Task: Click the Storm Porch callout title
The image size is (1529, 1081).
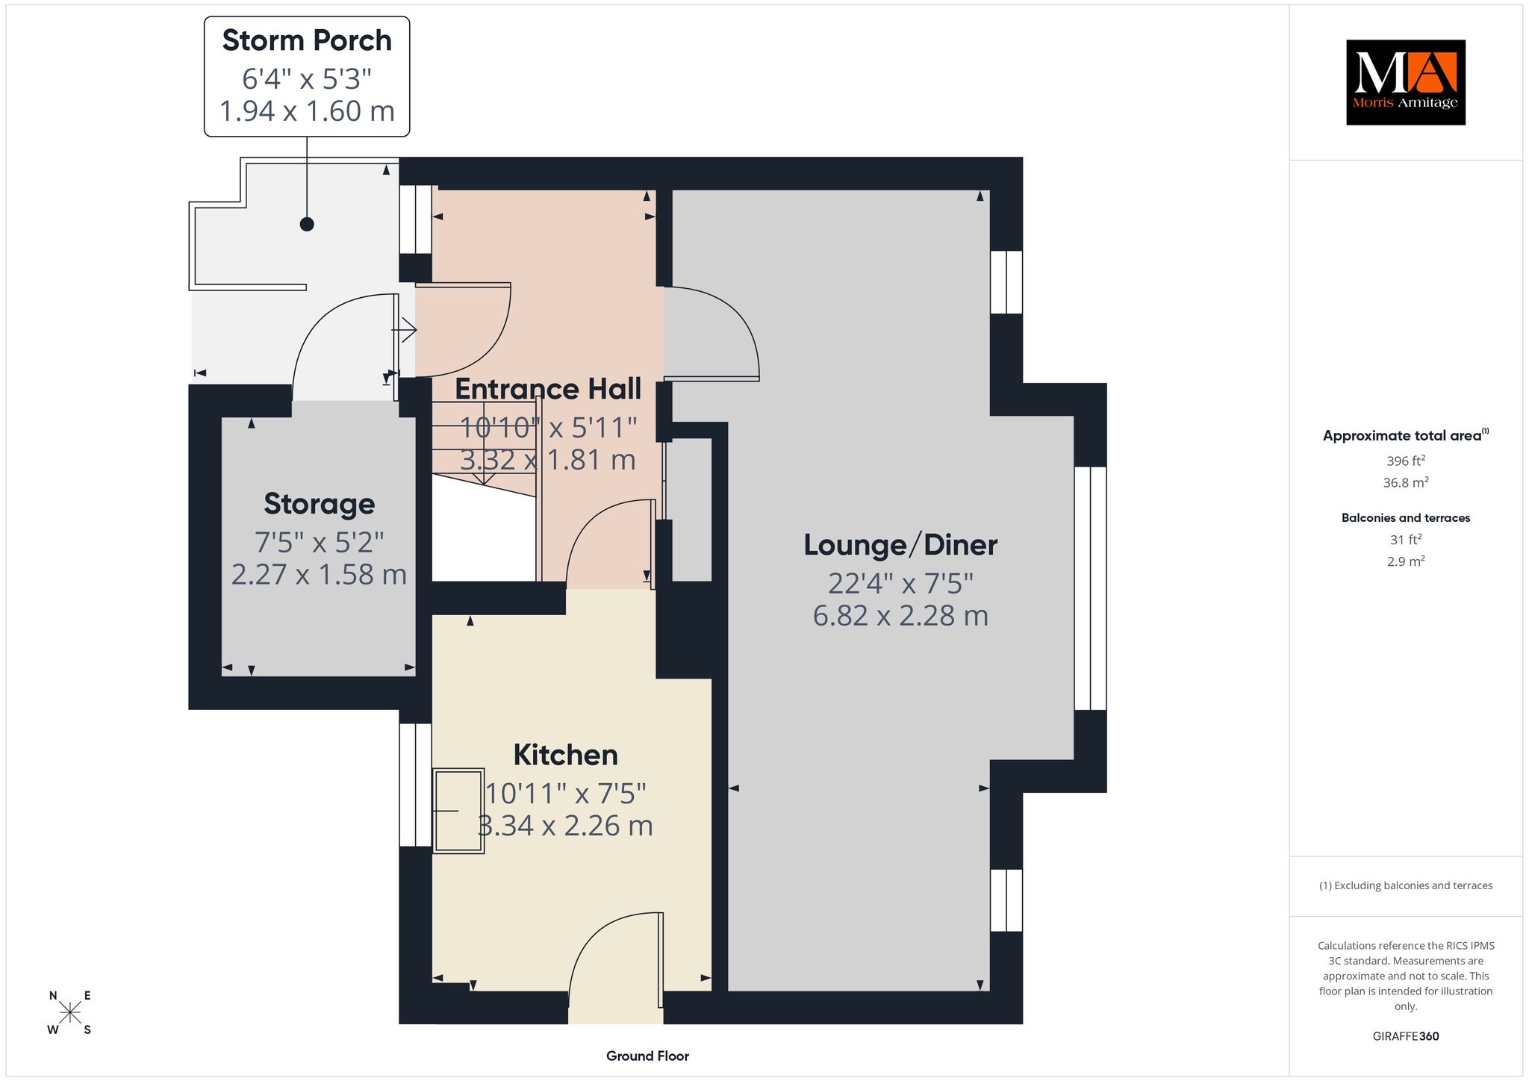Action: point(307,40)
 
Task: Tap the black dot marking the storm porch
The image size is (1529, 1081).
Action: point(306,224)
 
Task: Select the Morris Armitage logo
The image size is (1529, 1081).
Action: point(1405,82)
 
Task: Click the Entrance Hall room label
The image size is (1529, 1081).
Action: point(548,389)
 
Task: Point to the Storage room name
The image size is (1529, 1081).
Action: point(320,504)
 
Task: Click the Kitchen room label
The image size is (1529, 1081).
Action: point(566,755)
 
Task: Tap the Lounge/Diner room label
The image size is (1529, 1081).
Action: point(900,545)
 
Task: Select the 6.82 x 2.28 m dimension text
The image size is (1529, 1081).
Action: point(900,616)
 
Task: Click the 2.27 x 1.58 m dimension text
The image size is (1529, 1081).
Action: point(320,574)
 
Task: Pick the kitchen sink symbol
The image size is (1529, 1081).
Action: point(458,811)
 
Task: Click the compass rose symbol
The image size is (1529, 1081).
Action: point(70,1012)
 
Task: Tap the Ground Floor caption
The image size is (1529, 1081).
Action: point(647,1056)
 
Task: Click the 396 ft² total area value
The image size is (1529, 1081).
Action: point(1406,461)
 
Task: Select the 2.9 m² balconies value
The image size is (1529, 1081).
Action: point(1406,561)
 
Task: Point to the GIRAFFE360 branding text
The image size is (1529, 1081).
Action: point(1406,1036)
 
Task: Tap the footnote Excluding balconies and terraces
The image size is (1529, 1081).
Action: point(1406,885)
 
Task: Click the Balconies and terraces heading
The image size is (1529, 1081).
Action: point(1406,517)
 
